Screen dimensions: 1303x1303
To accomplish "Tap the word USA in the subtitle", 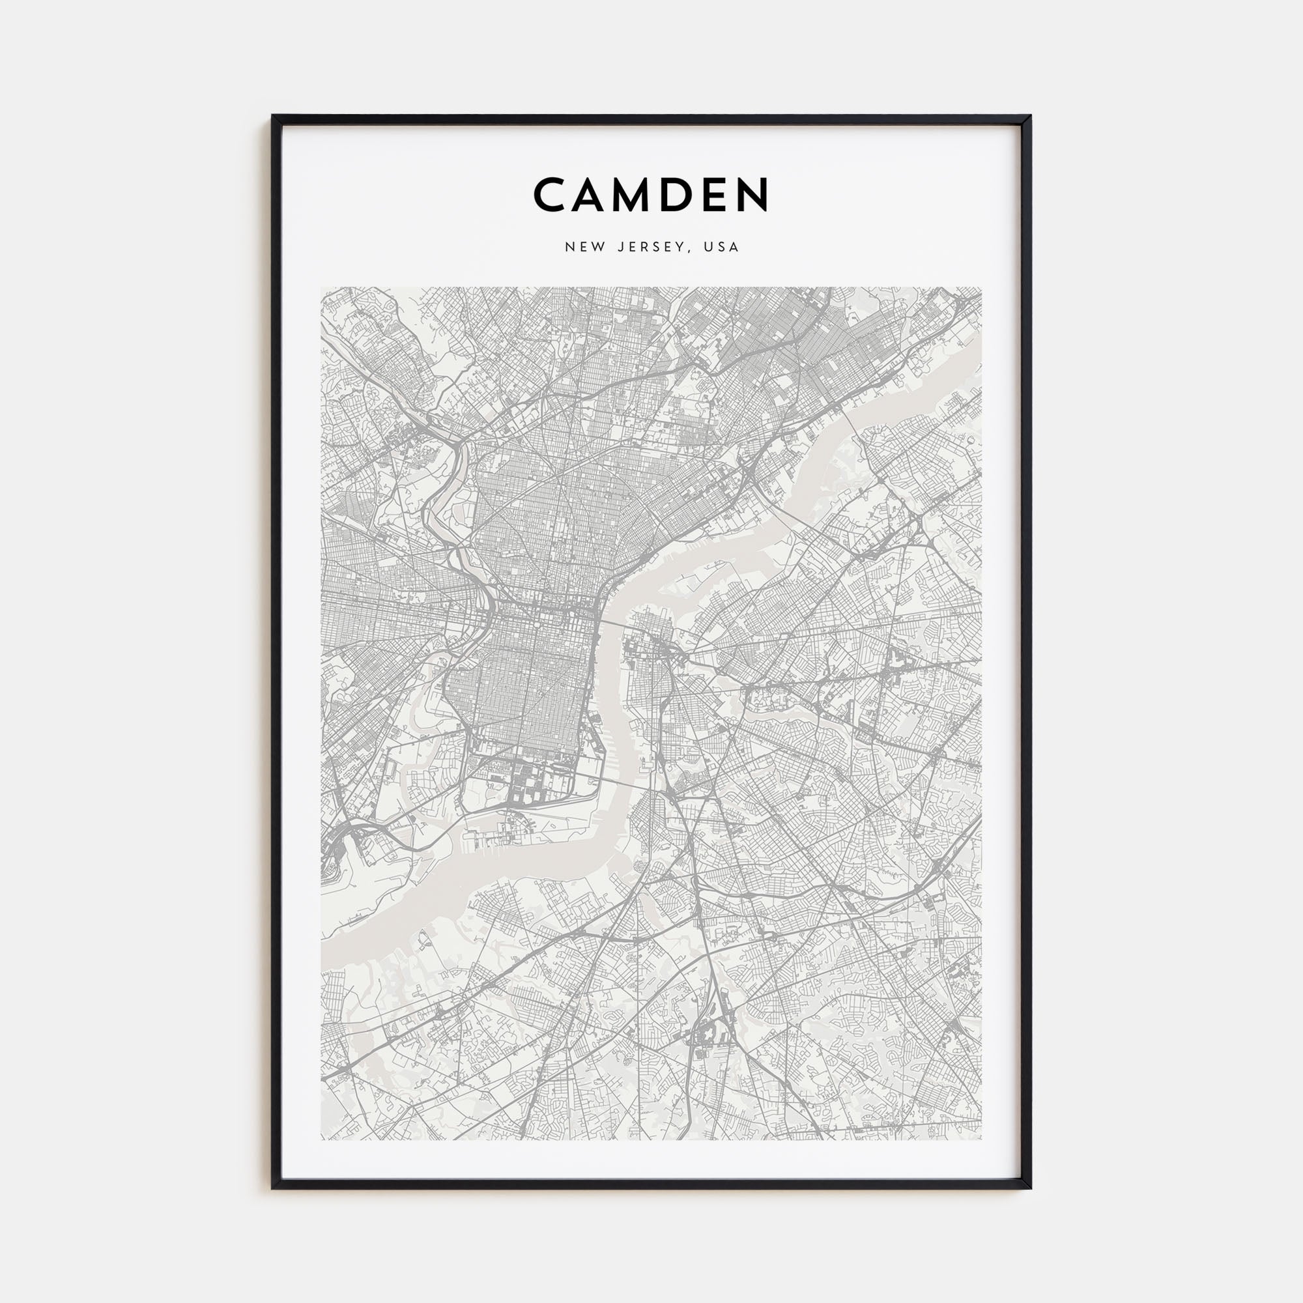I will (721, 247).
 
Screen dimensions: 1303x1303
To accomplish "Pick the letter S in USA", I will (721, 247).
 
